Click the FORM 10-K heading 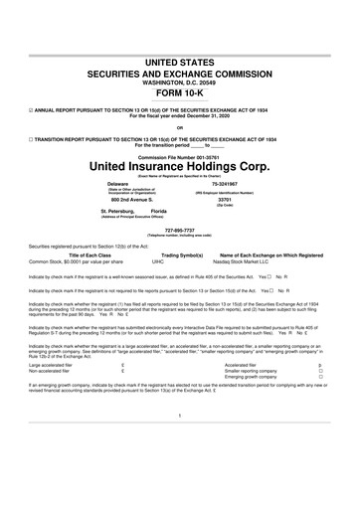(x=180, y=88)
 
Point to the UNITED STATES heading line (x=180, y=62)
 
